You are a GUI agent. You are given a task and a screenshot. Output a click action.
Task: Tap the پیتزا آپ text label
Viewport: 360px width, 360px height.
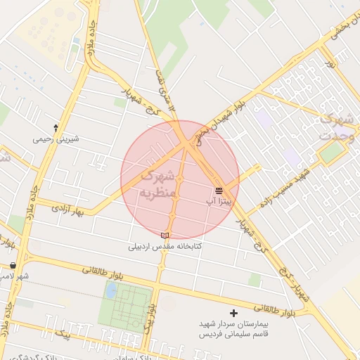tap(219, 201)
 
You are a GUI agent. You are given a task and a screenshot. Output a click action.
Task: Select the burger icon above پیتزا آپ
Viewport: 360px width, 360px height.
tap(219, 190)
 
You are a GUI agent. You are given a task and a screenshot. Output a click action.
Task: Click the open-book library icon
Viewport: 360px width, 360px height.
tap(165, 235)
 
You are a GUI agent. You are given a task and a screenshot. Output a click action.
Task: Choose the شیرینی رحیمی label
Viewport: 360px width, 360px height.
tap(56, 139)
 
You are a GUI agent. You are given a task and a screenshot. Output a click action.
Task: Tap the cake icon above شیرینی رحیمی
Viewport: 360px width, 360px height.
tap(56, 129)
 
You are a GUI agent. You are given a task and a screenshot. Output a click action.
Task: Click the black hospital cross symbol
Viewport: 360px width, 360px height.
tap(234, 312)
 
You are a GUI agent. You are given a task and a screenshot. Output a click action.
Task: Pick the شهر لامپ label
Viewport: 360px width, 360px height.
tap(14, 276)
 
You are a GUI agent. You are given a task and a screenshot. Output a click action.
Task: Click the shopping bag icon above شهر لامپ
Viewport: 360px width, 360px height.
tap(13, 266)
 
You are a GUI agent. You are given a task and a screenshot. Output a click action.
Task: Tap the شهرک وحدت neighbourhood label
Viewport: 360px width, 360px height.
tap(335, 127)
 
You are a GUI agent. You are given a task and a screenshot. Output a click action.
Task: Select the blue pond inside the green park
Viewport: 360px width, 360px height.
tap(111, 290)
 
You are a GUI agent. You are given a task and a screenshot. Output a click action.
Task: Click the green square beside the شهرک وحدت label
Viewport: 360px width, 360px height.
tap(331, 153)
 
